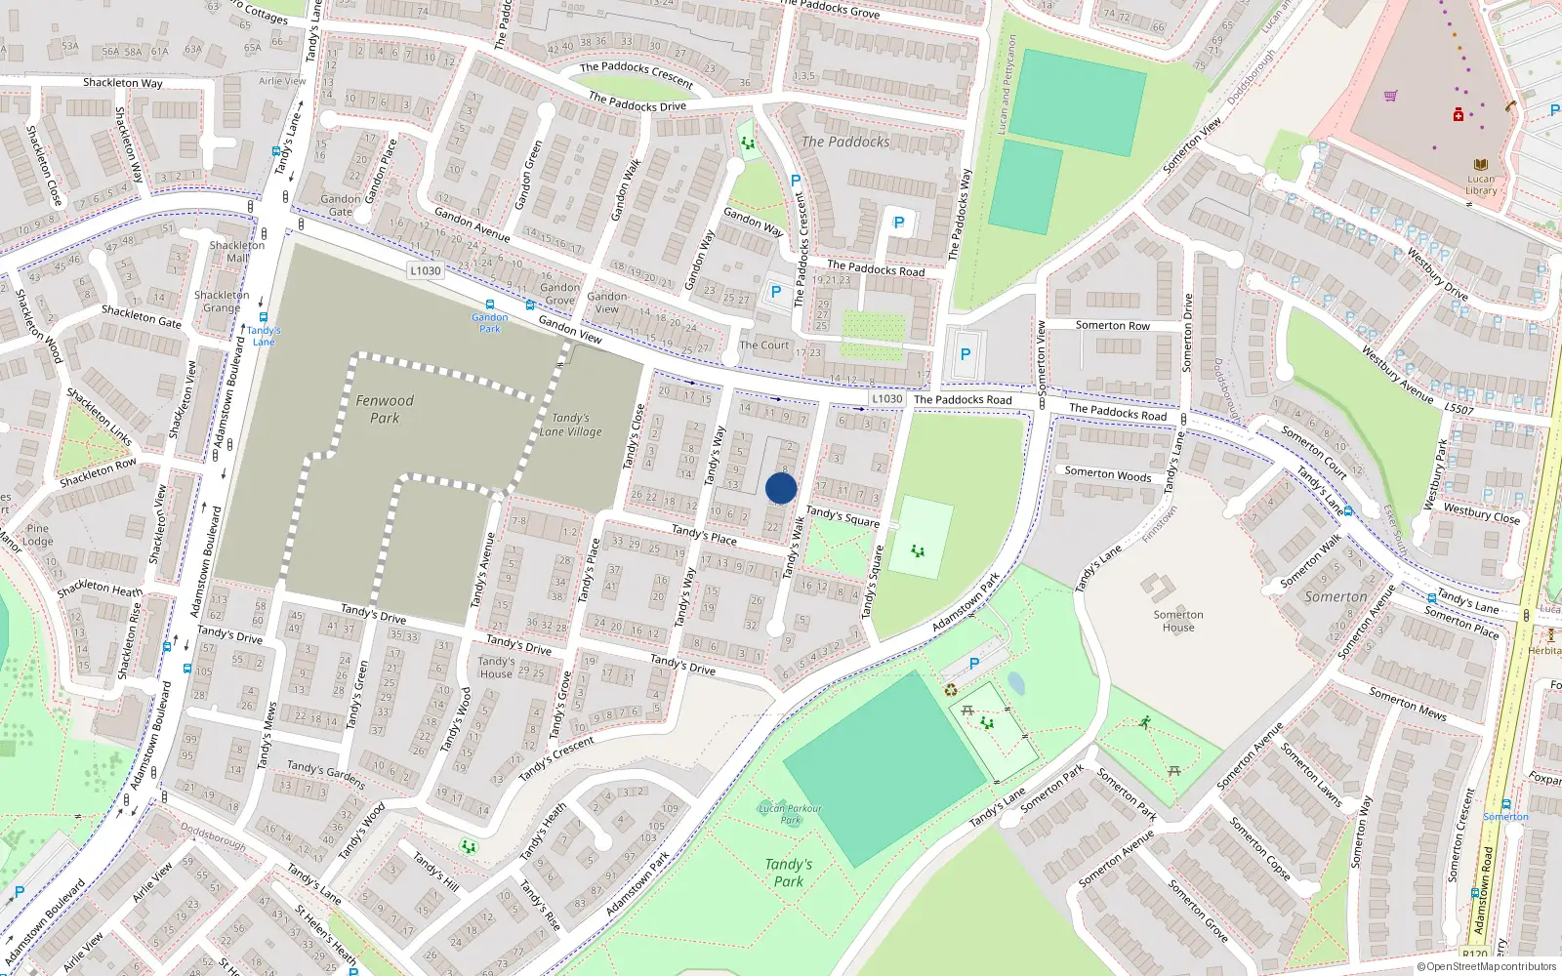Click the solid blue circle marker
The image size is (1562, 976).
pyautogui.click(x=781, y=489)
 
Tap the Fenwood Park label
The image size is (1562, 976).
pyautogui.click(x=385, y=409)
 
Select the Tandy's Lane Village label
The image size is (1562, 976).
pyautogui.click(x=571, y=425)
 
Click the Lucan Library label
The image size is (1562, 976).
pyautogui.click(x=1480, y=184)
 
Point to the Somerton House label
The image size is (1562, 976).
pyautogui.click(x=1177, y=621)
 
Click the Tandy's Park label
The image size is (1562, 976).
pyautogui.click(x=789, y=873)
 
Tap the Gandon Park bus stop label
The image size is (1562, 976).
pyautogui.click(x=490, y=322)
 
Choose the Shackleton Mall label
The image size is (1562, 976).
pyautogui.click(x=237, y=252)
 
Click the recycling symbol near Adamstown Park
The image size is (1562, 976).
pyautogui.click(x=951, y=690)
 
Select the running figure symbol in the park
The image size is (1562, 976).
pyautogui.click(x=1144, y=722)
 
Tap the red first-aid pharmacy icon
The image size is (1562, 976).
pyautogui.click(x=1459, y=115)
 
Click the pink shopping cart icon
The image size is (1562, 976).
pyautogui.click(x=1390, y=96)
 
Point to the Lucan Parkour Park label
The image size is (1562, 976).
pyautogui.click(x=791, y=814)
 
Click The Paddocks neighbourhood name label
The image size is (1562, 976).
pyautogui.click(x=845, y=142)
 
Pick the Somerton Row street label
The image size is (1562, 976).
pyautogui.click(x=1112, y=325)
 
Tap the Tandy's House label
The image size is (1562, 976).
pyautogui.click(x=496, y=667)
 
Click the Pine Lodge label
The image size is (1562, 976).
pyautogui.click(x=37, y=535)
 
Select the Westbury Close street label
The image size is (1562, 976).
pyautogui.click(x=1481, y=513)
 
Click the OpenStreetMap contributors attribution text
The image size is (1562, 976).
pyautogui.click(x=1486, y=966)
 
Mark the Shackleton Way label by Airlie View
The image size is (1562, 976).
pyautogui.click(x=123, y=83)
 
